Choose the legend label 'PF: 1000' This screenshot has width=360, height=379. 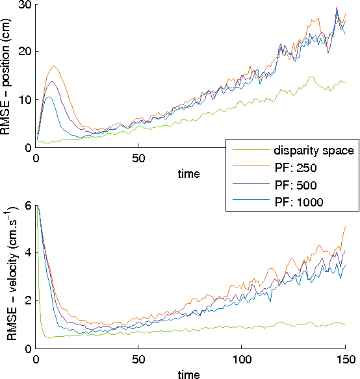298,202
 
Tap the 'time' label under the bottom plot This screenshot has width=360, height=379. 188,374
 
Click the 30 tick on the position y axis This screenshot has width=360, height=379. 25,5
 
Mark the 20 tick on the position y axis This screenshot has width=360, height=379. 25,52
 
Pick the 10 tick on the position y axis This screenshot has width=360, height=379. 25,99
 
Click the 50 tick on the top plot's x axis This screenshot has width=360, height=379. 138,158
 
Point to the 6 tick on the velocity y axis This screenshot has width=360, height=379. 28,205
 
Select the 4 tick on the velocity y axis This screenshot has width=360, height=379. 28,253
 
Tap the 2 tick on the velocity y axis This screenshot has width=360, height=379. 28,300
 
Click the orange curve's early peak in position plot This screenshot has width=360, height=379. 55,66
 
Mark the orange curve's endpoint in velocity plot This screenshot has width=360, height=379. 345,227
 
